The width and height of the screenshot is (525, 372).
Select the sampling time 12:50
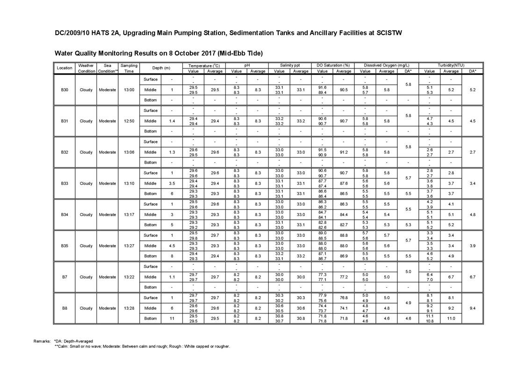pos(129,121)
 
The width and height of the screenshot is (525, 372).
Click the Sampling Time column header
pos(129,68)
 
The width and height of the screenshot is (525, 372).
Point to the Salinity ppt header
pos(290,65)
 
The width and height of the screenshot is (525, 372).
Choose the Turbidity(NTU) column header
pos(451,65)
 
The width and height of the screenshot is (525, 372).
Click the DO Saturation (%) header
pos(333,65)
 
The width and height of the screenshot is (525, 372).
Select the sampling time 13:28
pos(129,308)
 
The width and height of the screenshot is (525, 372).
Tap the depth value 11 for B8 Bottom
pos(172,319)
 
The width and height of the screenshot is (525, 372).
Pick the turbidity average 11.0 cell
pos(451,319)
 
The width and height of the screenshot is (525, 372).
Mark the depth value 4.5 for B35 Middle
pos(172,246)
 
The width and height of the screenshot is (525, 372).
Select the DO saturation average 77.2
pos(344,277)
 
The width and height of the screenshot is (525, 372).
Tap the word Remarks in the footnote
pos(43,341)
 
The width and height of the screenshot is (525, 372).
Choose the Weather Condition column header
pos(86,68)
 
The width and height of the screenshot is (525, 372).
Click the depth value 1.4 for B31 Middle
pos(172,121)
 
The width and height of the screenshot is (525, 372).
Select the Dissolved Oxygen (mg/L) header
pos(386,65)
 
